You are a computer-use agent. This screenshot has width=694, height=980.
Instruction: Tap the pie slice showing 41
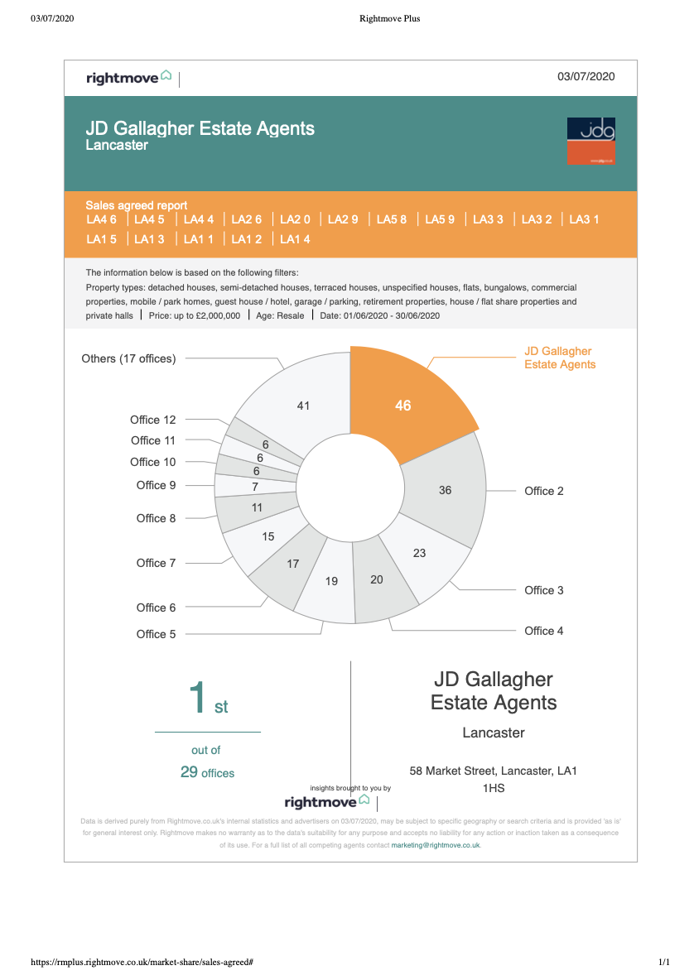(300, 400)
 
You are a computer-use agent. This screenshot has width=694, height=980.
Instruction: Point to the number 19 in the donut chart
(331, 581)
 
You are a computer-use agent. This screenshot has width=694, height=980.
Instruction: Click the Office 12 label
(153, 420)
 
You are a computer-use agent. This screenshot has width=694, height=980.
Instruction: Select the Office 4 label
(544, 631)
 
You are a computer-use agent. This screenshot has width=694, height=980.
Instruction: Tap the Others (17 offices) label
(129, 358)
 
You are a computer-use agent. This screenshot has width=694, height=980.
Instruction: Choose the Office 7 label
(157, 563)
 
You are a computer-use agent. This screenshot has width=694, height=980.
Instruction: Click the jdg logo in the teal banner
(590, 142)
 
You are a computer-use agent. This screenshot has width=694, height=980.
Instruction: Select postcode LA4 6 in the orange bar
(101, 219)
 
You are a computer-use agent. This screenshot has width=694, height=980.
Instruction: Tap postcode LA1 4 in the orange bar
(295, 239)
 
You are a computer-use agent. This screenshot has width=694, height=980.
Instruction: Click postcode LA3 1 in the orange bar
(584, 219)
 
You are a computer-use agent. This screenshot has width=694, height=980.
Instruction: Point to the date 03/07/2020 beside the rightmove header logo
(586, 76)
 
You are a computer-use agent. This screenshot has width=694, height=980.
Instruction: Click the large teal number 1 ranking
(198, 696)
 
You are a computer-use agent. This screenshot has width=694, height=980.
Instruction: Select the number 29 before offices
(189, 772)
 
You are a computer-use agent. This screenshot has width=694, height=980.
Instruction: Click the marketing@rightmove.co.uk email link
(436, 845)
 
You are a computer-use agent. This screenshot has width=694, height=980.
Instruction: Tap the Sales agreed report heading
(137, 205)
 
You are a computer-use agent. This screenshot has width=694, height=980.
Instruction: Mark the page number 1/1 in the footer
(664, 962)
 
